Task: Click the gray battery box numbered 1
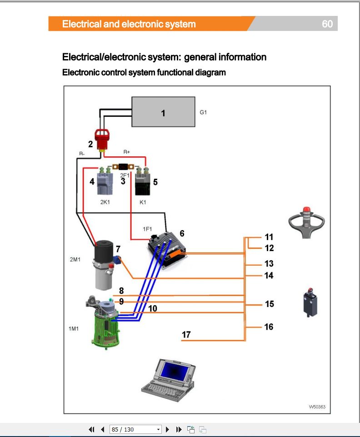163,112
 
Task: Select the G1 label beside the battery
203,112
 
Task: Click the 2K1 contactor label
105,202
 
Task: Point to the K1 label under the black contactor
143,202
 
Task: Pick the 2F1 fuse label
125,174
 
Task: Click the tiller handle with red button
307,222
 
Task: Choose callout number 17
186,335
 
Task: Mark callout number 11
269,237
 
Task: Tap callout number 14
269,275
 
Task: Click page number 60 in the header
327,24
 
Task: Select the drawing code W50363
317,407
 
